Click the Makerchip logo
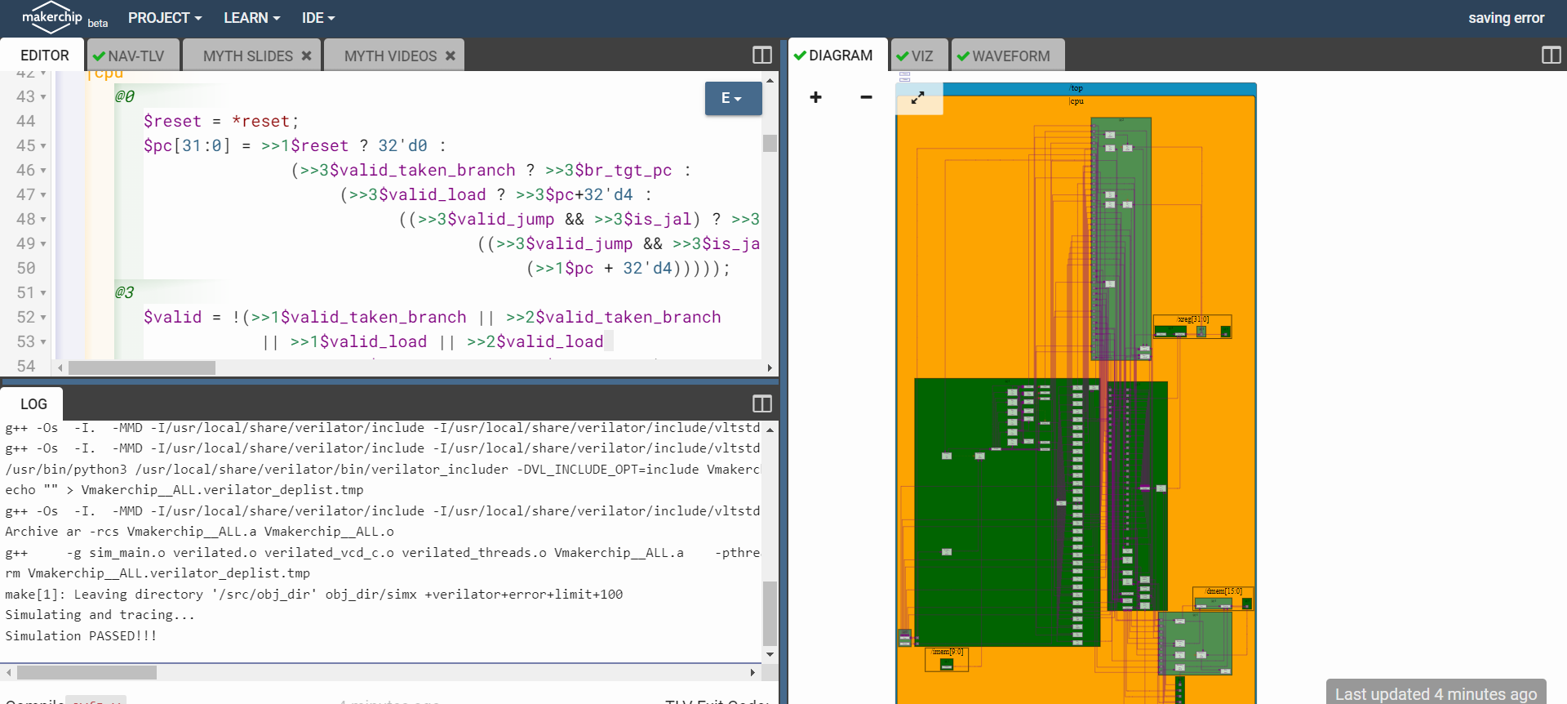pyautogui.click(x=51, y=17)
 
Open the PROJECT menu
pyautogui.click(x=164, y=18)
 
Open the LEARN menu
pyautogui.click(x=251, y=18)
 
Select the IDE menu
pyautogui.click(x=317, y=18)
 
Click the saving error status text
pyautogui.click(x=1506, y=18)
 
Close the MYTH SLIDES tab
pyautogui.click(x=307, y=56)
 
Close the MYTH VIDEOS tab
pyautogui.click(x=451, y=56)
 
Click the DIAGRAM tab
pyautogui.click(x=833, y=56)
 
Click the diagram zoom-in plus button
pyautogui.click(x=815, y=97)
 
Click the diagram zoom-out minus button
pyautogui.click(x=866, y=97)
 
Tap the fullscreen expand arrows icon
pyautogui.click(x=918, y=97)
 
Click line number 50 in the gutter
pyautogui.click(x=26, y=268)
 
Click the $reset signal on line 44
pyautogui.click(x=172, y=121)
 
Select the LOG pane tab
pyautogui.click(x=33, y=403)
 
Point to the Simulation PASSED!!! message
pyautogui.click(x=81, y=635)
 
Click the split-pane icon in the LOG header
pyautogui.click(x=761, y=403)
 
